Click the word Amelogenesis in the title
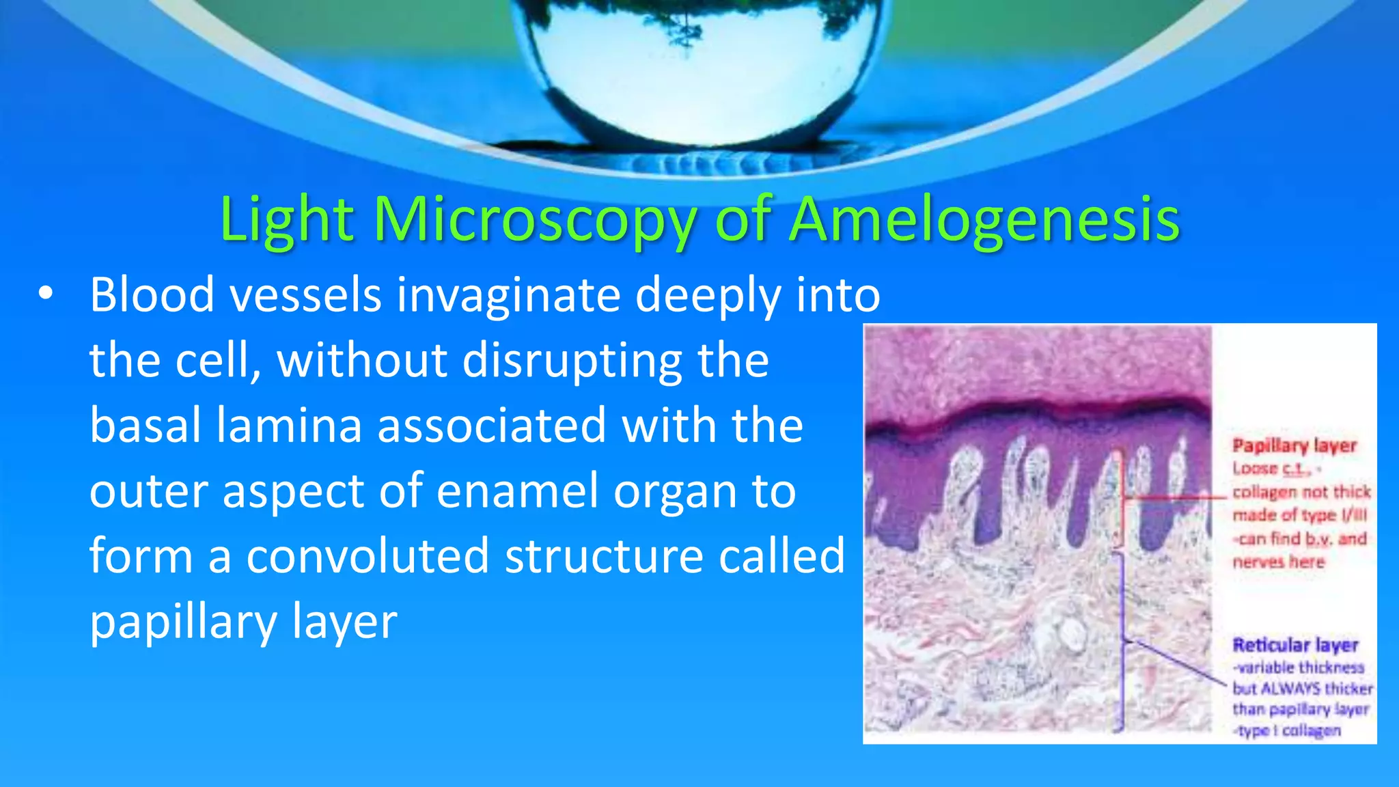tap(984, 220)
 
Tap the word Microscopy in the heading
tap(534, 220)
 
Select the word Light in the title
tap(287, 220)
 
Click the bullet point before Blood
tap(45, 294)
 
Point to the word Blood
tap(152, 295)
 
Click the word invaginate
tap(508, 295)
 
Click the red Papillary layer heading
tap(1294, 446)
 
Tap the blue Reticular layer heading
tap(1295, 645)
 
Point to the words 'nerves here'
tap(1278, 562)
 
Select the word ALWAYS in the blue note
tap(1286, 688)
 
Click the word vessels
tap(305, 295)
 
